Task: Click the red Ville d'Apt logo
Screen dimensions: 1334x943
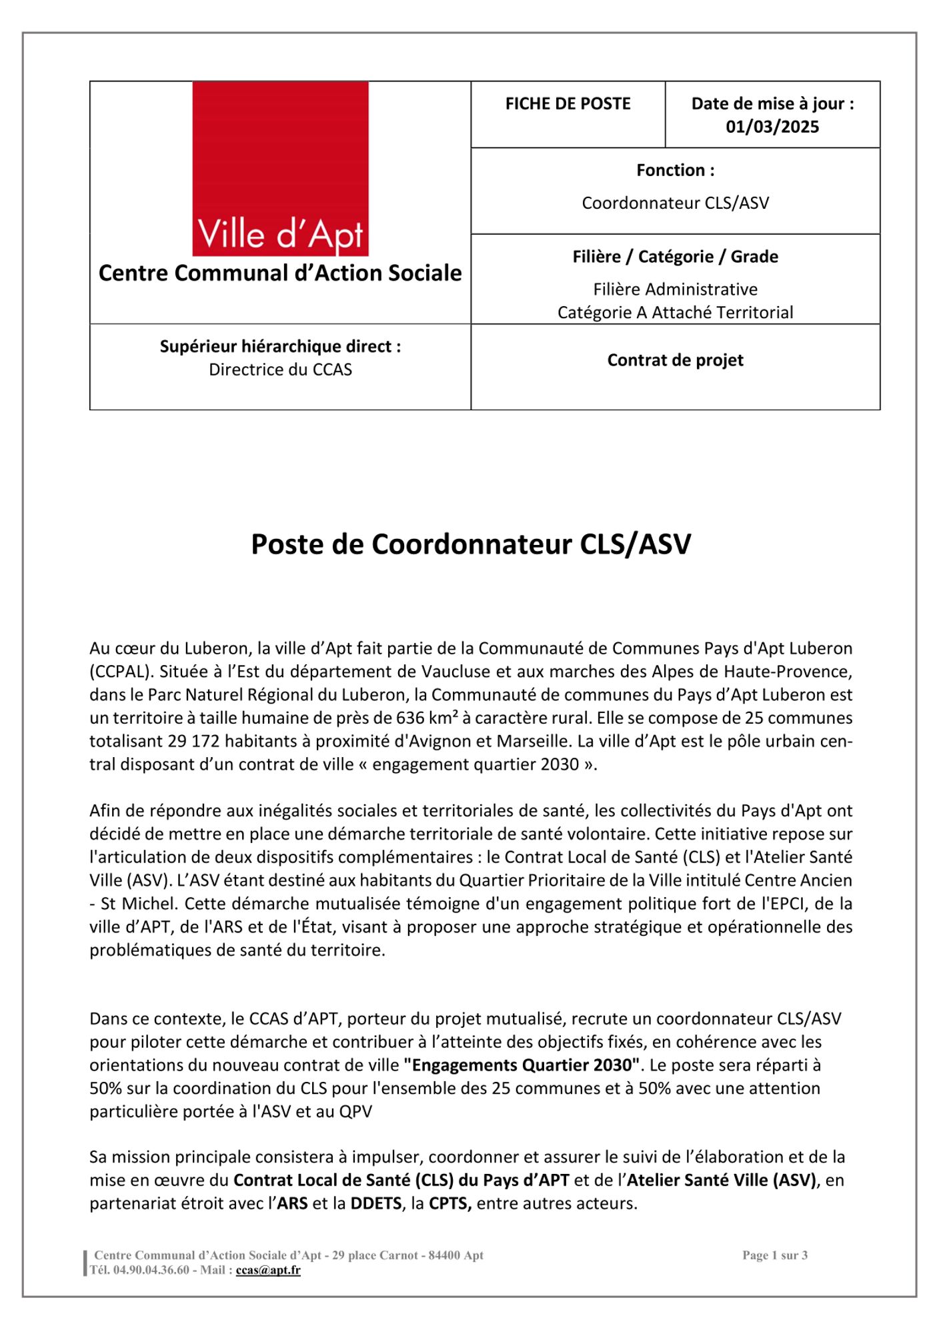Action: [x=280, y=169]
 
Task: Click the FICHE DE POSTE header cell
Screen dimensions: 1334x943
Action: [x=568, y=104]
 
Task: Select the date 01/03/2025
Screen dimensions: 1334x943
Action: [x=772, y=127]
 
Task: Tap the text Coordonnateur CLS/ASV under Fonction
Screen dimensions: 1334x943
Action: [x=675, y=203]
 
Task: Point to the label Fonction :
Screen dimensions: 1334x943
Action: [x=675, y=171]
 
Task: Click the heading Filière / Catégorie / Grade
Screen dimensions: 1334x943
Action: [x=675, y=257]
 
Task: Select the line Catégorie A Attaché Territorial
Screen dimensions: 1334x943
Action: [x=675, y=312]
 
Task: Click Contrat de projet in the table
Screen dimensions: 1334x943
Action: [x=675, y=360]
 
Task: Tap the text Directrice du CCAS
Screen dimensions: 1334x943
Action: [x=280, y=370]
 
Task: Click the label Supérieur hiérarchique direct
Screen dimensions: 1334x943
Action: [x=280, y=347]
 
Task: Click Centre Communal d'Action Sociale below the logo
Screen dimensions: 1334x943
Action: [x=280, y=273]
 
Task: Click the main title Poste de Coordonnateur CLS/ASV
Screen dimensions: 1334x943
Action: [x=471, y=544]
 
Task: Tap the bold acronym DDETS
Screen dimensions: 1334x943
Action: [x=376, y=1204]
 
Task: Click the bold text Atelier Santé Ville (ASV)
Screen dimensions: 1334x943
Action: [x=722, y=1181]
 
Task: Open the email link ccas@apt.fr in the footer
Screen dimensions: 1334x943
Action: [x=268, y=1270]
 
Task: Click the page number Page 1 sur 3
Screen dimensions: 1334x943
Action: [x=775, y=1255]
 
